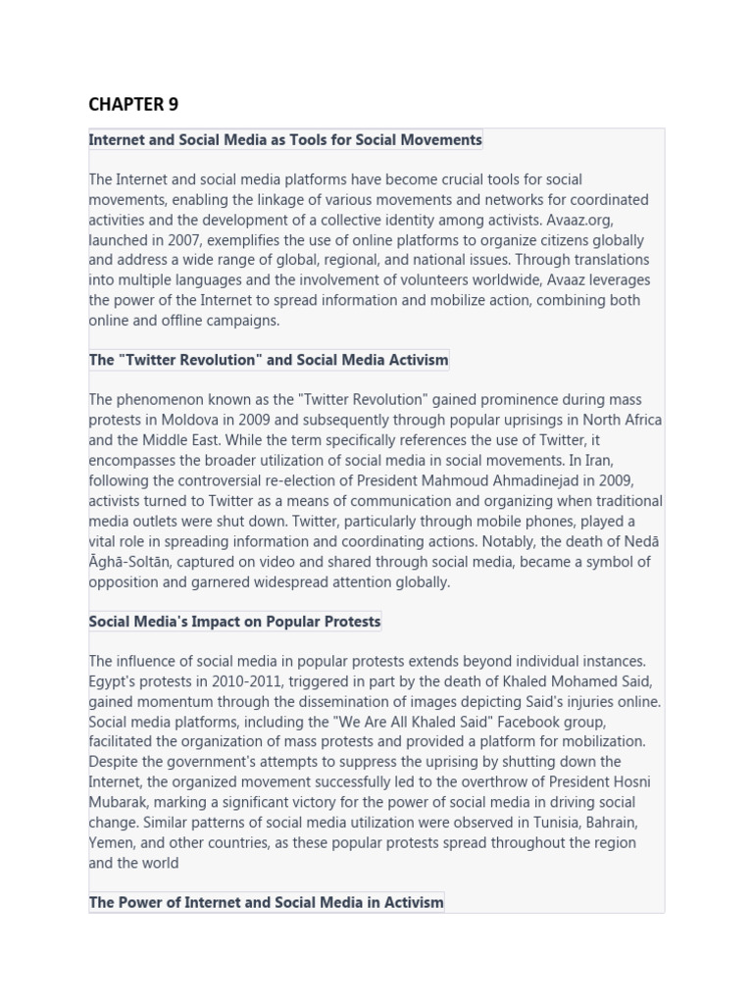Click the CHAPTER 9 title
[133, 104]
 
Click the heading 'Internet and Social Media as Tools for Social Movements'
[285, 140]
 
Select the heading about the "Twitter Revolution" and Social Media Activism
[269, 360]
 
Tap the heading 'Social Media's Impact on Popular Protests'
[234, 622]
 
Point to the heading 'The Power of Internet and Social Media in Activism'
[266, 902]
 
